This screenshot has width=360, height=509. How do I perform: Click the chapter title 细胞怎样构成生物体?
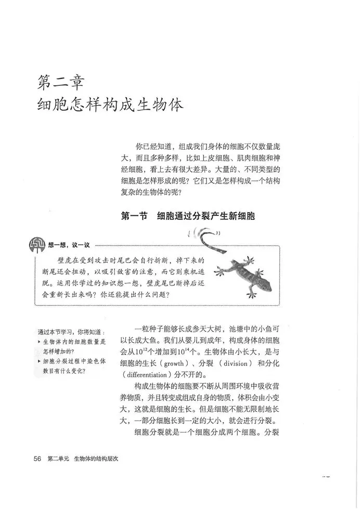111,105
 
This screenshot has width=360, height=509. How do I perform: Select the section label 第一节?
134,215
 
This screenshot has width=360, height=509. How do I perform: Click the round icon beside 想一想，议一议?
37,244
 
